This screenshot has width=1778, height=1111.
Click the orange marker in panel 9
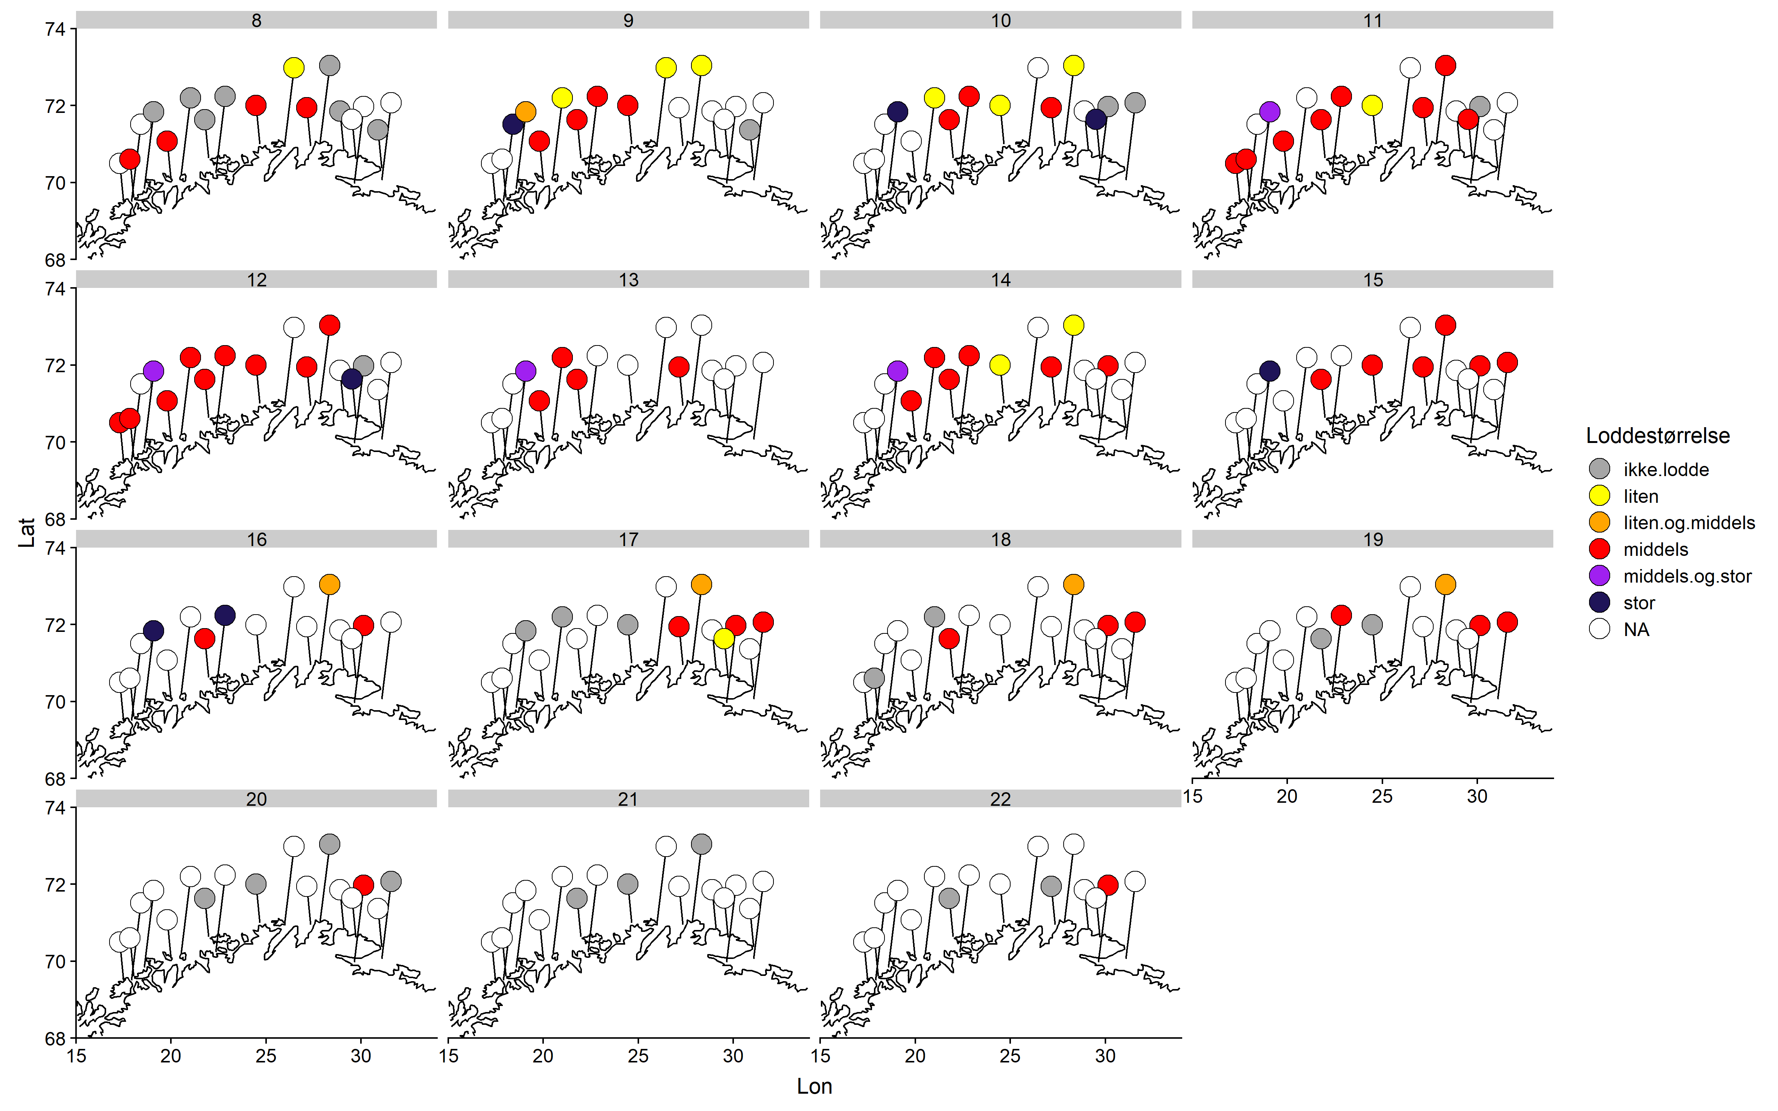tap(525, 112)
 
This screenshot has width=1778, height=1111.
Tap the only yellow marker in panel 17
tap(724, 639)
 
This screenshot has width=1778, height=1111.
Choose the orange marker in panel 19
tap(1445, 585)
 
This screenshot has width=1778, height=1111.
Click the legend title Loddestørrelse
tap(1658, 436)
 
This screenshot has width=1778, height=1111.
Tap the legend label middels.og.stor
tap(1687, 576)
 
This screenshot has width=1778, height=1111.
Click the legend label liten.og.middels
tap(1688, 522)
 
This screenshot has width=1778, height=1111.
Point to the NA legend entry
tap(1636, 630)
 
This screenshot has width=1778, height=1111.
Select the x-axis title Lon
tap(814, 1086)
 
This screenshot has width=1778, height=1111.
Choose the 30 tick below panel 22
tap(1105, 1056)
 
